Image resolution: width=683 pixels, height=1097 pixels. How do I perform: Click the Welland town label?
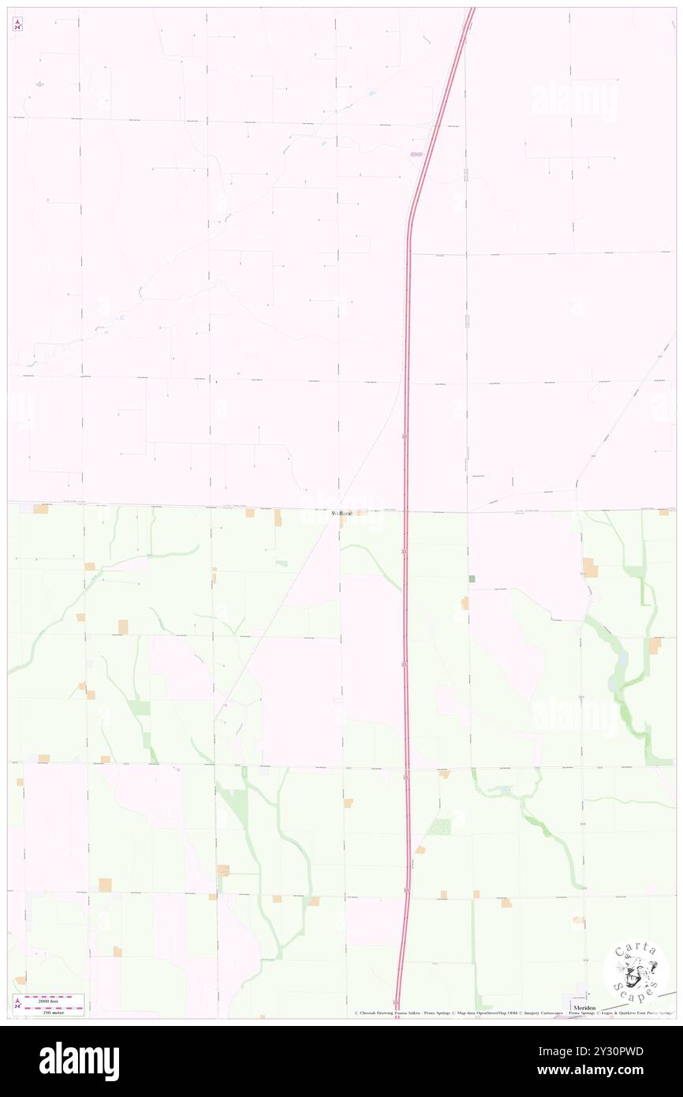click(x=341, y=513)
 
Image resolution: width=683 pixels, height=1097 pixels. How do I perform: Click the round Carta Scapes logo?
click(x=636, y=970)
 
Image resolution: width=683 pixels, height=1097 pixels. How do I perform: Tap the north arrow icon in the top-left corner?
click(x=17, y=24)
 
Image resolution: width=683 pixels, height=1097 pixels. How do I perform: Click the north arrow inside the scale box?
click(x=17, y=1003)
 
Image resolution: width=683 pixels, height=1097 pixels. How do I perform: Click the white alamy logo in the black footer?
click(x=79, y=1061)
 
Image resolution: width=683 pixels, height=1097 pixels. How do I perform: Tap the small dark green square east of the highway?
click(x=472, y=579)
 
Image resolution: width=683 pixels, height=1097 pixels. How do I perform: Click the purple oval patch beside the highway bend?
click(x=416, y=154)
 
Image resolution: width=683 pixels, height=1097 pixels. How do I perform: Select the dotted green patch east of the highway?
click(x=439, y=827)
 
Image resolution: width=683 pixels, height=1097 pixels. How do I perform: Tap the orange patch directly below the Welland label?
click(x=342, y=522)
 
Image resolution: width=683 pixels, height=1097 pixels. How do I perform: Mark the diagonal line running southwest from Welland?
click(x=276, y=616)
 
